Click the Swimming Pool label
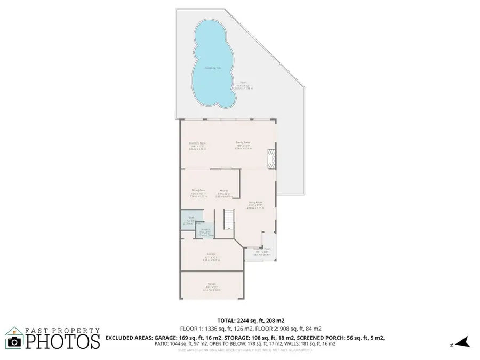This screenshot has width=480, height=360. coord(214,68)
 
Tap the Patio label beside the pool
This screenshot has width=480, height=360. coord(243,84)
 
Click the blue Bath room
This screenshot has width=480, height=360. coord(191,220)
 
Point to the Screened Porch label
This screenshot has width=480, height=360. coord(261,250)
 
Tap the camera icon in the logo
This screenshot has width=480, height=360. coord(14,342)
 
